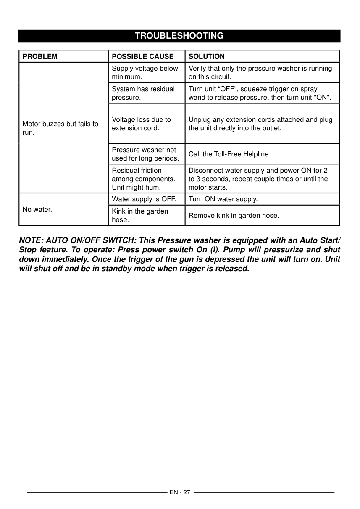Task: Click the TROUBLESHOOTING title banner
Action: [179, 36]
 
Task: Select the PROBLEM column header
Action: [40, 56]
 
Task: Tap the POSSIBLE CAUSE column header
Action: [142, 56]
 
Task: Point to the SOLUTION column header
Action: [207, 56]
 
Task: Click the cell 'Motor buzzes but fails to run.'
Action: [60, 128]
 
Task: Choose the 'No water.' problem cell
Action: [37, 209]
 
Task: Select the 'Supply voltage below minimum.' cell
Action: [145, 73]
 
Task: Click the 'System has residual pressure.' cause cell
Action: [143, 93]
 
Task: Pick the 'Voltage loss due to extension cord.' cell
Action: [141, 124]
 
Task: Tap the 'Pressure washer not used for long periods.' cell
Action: [145, 154]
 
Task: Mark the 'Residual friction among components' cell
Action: [143, 179]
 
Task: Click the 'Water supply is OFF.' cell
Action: [144, 199]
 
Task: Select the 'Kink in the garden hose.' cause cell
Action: [140, 215]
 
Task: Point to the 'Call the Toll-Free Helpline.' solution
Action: [229, 154]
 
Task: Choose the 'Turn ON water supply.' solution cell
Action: [223, 199]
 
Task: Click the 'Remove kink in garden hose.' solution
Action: [234, 216]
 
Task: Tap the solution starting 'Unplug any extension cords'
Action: [260, 124]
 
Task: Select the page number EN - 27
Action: [180, 492]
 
